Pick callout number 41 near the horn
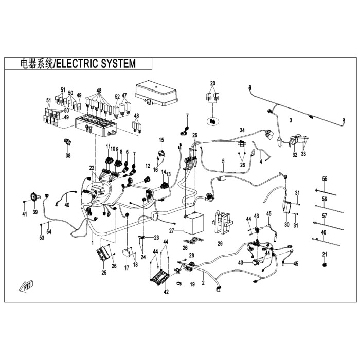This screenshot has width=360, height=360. pyautogui.click(x=24, y=213)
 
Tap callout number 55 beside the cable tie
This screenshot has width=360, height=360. pyautogui.click(x=325, y=179)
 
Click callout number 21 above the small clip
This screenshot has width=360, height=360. pyautogui.click(x=324, y=254)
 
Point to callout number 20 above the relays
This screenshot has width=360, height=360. pyautogui.click(x=213, y=83)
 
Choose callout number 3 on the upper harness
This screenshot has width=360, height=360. pyautogui.click(x=291, y=120)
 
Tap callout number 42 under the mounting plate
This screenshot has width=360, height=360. pyautogui.click(x=166, y=292)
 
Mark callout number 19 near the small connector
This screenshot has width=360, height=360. pyautogui.click(x=192, y=284)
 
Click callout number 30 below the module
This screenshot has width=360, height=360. pyautogui.click(x=286, y=225)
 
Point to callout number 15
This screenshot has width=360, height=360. pyautogui.click(x=161, y=140)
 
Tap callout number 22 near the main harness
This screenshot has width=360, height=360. pyautogui.click(x=92, y=168)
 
